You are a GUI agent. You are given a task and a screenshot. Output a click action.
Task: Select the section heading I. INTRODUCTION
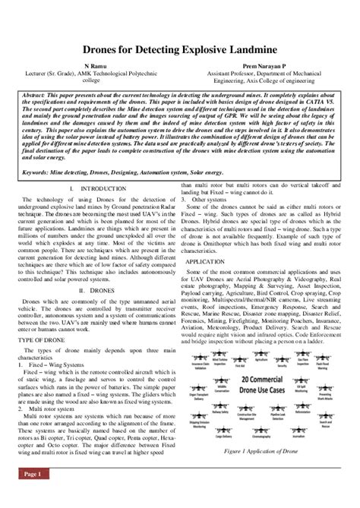tap(99, 187)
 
